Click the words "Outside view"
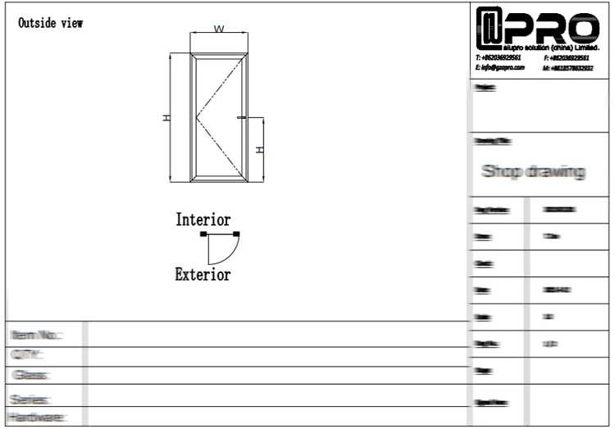[x=50, y=23]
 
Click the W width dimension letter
[x=219, y=30]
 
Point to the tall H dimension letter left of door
[x=166, y=118]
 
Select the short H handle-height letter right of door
[x=259, y=149]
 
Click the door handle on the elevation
[x=241, y=118]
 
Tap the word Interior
[x=203, y=220]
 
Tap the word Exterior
[x=203, y=275]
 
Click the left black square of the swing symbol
[x=203, y=235]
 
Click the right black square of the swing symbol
[x=236, y=235]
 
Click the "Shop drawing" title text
[x=533, y=171]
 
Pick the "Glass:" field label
[x=30, y=376]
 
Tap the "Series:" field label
[x=30, y=399]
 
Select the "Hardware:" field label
[x=37, y=418]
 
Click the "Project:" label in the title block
[x=485, y=88]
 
